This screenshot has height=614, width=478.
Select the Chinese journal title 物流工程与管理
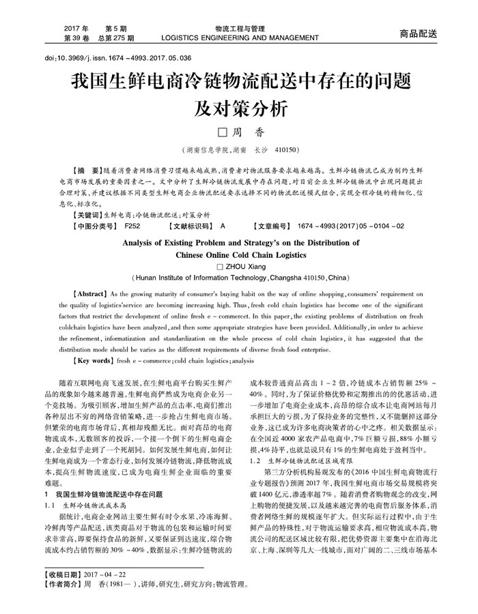(239, 29)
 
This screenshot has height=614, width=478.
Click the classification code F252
(132, 226)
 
